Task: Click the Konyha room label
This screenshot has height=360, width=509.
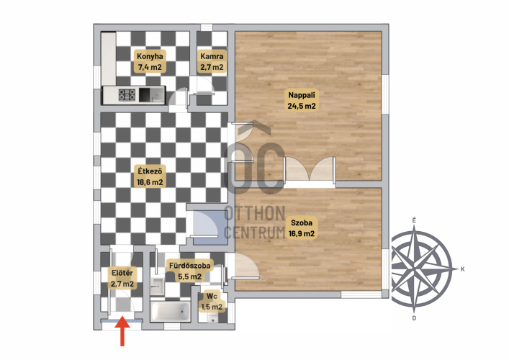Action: pos(150,61)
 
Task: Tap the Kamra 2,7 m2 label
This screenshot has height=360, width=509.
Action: pos(212,61)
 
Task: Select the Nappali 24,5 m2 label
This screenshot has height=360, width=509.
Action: pos(302,100)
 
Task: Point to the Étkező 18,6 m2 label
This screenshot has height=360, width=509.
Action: pos(150,176)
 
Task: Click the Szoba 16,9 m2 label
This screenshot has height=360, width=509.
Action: pos(302,228)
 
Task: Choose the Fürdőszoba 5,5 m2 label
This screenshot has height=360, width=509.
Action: pos(189,271)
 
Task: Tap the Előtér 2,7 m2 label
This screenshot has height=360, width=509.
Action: pos(122,278)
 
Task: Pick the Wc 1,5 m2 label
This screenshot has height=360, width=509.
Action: pos(212,301)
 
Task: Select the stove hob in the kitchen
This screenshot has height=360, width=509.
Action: pos(127,95)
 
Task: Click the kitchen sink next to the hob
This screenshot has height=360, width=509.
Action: pos(152,95)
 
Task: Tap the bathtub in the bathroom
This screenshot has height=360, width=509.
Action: pos(170,311)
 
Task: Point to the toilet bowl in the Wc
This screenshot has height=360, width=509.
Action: pos(212,318)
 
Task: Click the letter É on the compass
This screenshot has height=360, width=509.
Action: pos(414,220)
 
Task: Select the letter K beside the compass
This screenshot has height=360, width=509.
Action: pos(463,269)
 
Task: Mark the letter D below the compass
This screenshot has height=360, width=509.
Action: pos(414,318)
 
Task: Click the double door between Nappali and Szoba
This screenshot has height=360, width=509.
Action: pos(310,171)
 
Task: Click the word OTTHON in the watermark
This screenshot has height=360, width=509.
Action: pos(255,213)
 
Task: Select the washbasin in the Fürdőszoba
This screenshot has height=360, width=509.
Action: pos(158,286)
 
